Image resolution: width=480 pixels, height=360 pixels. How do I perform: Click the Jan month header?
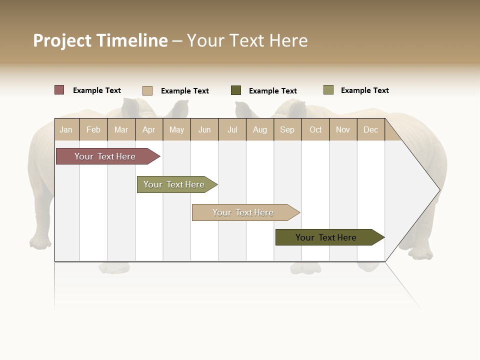(x=66, y=129)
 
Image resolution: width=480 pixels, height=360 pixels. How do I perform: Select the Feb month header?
(x=93, y=129)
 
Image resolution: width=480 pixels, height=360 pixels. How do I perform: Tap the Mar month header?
(x=121, y=129)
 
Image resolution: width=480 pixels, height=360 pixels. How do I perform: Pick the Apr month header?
(x=149, y=129)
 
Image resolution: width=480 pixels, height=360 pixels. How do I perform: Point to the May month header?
(x=176, y=129)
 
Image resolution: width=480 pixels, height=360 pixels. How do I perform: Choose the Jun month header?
(x=204, y=129)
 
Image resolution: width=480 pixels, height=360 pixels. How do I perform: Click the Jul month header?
(x=232, y=129)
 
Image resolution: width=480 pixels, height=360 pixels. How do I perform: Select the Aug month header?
(x=260, y=129)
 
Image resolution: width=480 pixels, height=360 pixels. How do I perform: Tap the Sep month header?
(x=287, y=129)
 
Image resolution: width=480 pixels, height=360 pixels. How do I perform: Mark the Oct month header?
(x=315, y=129)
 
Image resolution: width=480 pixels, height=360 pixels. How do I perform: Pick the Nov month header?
(x=343, y=129)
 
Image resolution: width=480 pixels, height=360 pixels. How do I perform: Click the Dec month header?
(x=371, y=129)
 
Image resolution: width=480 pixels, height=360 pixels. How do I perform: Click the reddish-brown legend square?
(x=59, y=90)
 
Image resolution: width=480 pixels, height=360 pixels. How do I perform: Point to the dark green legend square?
(x=236, y=90)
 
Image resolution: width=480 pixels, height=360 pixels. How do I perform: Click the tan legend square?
(x=147, y=90)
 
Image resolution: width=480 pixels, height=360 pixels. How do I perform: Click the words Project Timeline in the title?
(x=100, y=40)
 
